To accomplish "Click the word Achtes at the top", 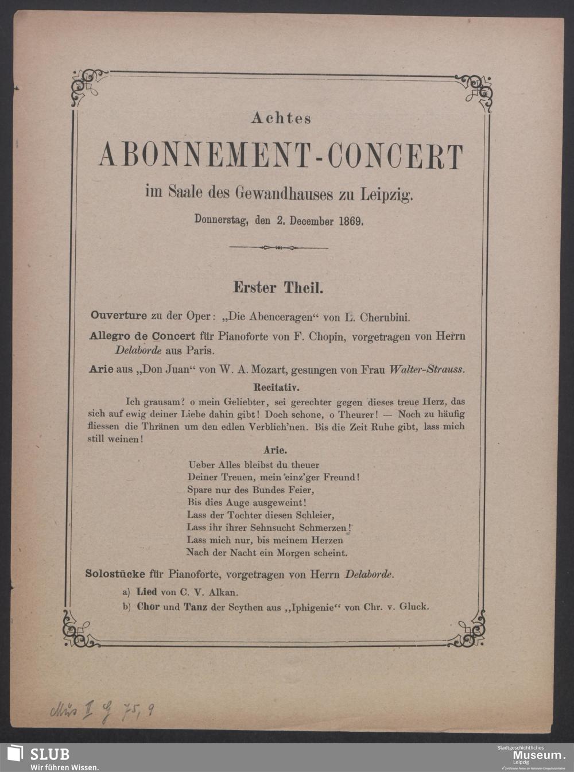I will point(281,118).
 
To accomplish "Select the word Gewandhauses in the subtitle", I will point(283,194).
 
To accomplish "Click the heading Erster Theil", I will point(278,287).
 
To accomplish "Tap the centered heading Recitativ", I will point(278,387).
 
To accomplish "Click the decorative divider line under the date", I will point(278,248).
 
